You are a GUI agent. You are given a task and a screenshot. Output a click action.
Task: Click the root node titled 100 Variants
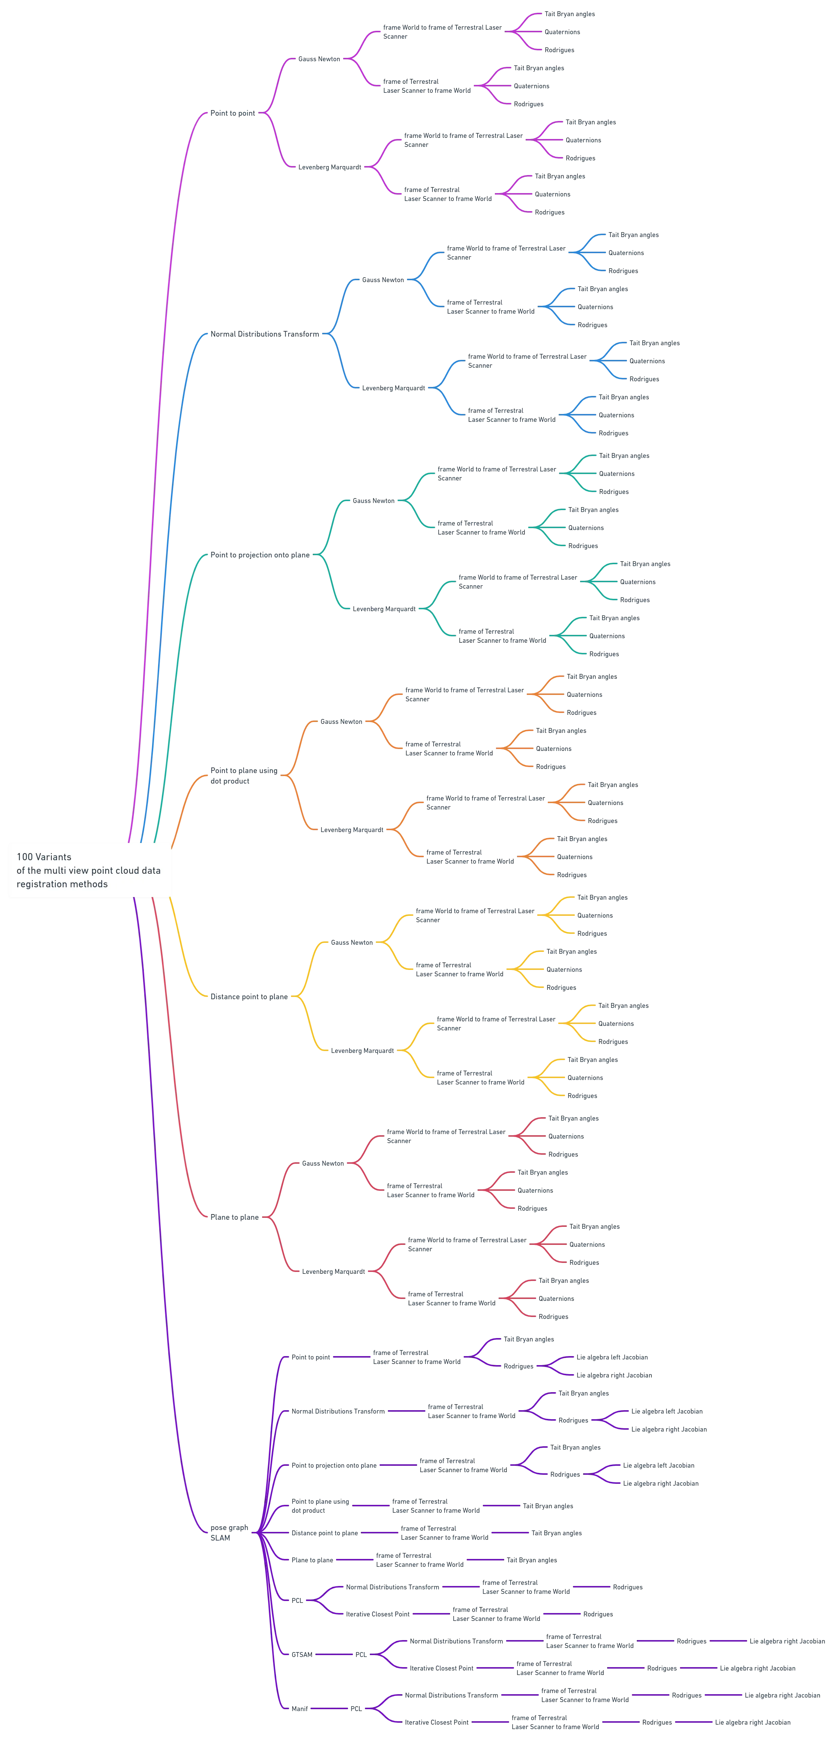point(89,870)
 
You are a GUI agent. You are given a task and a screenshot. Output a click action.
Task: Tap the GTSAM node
point(302,1654)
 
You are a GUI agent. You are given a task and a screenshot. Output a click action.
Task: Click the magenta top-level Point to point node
point(232,113)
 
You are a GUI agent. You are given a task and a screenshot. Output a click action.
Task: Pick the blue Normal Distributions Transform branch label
point(265,334)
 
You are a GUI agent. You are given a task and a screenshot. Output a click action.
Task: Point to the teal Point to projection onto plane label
point(260,554)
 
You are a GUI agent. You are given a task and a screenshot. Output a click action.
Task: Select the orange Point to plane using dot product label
point(244,775)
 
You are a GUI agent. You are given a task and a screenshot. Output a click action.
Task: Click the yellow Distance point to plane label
point(249,996)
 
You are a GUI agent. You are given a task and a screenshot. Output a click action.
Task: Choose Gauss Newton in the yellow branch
point(352,942)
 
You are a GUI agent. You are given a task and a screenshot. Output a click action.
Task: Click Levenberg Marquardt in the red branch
point(333,1271)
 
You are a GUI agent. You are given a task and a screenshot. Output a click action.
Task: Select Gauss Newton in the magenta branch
point(320,59)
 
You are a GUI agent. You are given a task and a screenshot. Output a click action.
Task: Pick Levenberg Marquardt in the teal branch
point(384,609)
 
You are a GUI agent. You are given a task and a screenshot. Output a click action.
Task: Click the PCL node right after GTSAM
point(361,1654)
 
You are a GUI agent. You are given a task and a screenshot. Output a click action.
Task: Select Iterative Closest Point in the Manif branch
point(436,1722)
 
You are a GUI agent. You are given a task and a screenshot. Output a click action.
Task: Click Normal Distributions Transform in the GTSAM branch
point(457,1641)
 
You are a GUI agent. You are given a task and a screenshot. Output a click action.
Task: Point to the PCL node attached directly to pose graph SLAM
point(297,1600)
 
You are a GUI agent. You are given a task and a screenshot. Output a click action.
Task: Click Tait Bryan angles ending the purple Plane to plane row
point(532,1560)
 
